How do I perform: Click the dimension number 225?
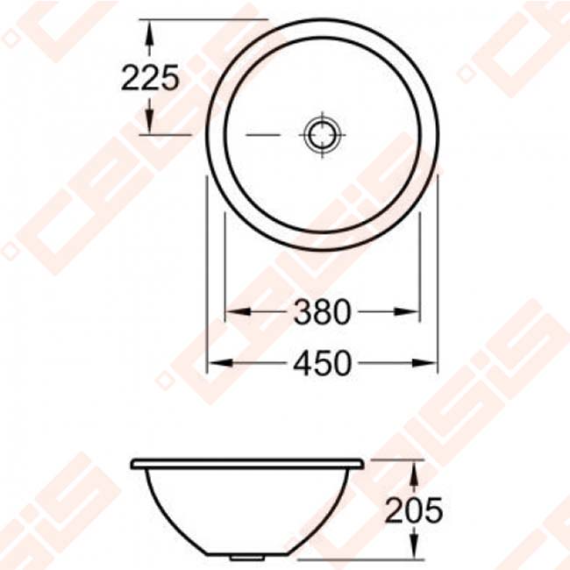coord(150,78)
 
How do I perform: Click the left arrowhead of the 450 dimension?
coord(214,361)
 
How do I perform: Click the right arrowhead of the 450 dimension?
coord(430,361)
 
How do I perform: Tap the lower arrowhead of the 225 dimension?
coord(150,127)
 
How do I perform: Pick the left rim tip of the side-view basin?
coord(132,462)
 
